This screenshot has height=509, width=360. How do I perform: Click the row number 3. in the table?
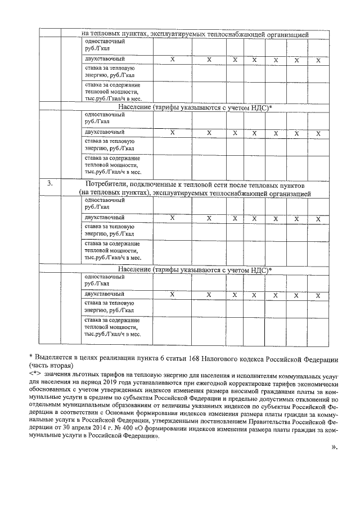[x=49, y=184]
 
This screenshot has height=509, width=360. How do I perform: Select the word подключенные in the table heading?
[x=160, y=184]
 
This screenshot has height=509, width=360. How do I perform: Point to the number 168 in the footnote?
[x=203, y=358]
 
